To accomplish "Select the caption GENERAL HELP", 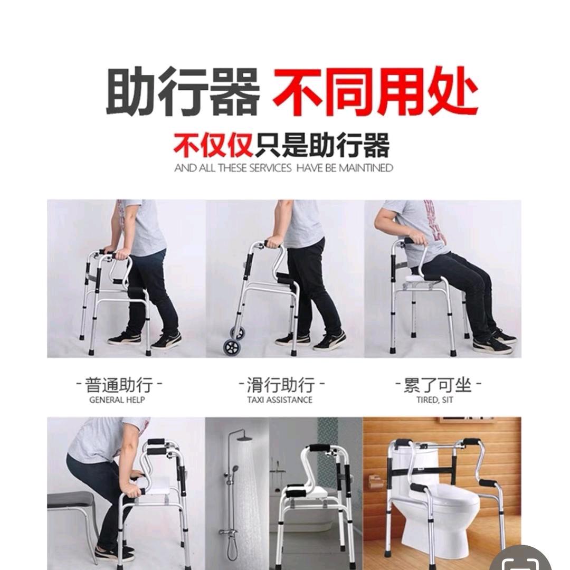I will [117, 400].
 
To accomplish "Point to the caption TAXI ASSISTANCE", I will [280, 400].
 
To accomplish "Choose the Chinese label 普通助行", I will [118, 384].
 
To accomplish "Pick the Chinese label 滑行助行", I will [280, 384].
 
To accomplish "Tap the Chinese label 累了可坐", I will [438, 384].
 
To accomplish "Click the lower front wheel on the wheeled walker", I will [231, 347].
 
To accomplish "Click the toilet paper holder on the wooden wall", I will [376, 481].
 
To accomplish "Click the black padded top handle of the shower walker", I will [319, 448].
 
